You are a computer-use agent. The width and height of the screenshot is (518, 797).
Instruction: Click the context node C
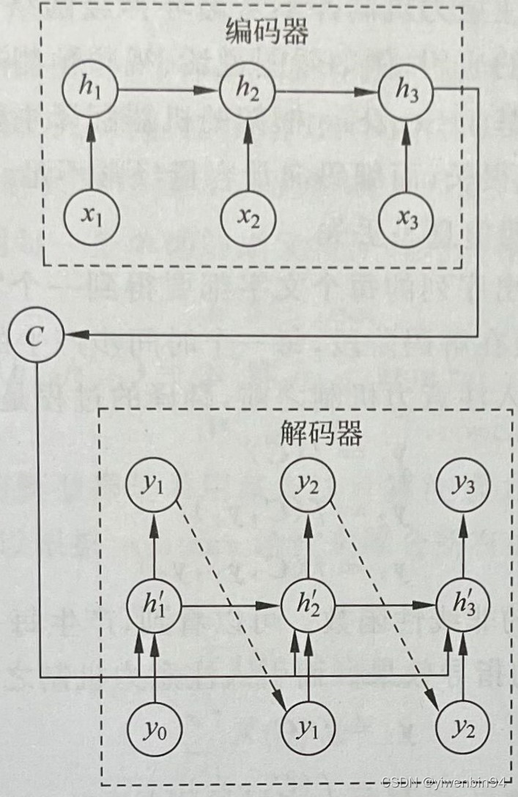(x=34, y=336)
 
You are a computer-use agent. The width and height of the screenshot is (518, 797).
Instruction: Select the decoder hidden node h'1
(x=155, y=606)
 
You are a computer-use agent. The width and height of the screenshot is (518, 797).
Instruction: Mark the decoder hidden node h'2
(x=309, y=606)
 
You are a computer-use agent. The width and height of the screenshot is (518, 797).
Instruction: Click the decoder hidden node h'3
(x=463, y=606)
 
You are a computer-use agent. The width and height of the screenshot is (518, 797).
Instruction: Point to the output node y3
(x=463, y=486)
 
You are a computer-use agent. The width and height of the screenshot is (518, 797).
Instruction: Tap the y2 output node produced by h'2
(x=309, y=486)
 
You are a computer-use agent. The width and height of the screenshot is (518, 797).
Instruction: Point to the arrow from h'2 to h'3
(x=386, y=606)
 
